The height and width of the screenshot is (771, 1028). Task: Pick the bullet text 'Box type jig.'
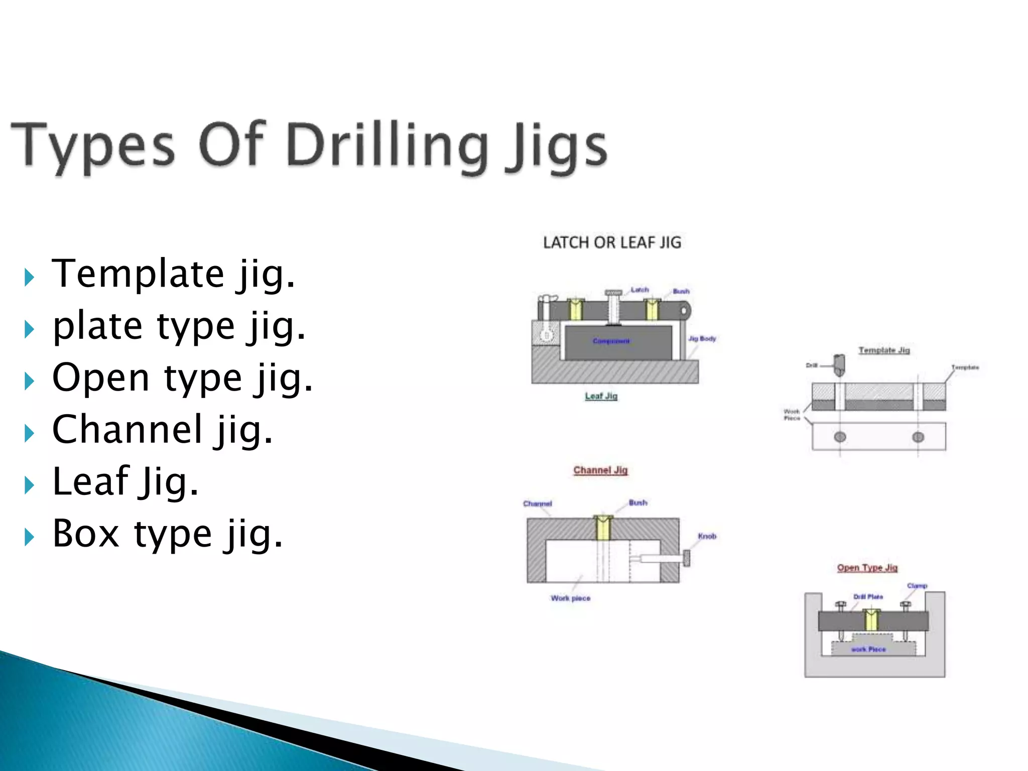coord(168,533)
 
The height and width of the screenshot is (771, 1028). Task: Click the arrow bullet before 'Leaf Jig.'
coord(29,485)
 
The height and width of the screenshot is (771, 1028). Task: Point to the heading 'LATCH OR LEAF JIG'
coord(612,243)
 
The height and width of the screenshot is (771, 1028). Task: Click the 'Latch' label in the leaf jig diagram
coord(639,290)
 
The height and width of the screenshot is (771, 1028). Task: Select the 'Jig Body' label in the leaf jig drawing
coord(702,339)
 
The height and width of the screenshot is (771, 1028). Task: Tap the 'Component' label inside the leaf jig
coord(611,341)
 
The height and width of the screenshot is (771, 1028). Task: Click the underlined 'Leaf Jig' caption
coord(601,396)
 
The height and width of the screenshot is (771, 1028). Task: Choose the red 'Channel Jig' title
coord(600,470)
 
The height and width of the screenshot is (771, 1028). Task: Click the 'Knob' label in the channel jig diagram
coord(707,536)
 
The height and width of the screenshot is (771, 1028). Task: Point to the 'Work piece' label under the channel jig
coord(570,598)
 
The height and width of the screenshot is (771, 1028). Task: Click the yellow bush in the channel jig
coord(603,528)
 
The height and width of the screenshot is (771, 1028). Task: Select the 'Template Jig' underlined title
coord(883,350)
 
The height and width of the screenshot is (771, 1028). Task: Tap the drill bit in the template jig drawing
coord(839,365)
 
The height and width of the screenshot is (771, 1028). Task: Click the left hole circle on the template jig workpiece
coord(840,437)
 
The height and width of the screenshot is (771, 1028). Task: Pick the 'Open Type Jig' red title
coord(867,568)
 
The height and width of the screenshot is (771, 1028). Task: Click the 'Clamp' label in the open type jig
coord(917,586)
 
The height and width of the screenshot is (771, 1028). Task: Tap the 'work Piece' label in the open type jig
coord(868,650)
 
